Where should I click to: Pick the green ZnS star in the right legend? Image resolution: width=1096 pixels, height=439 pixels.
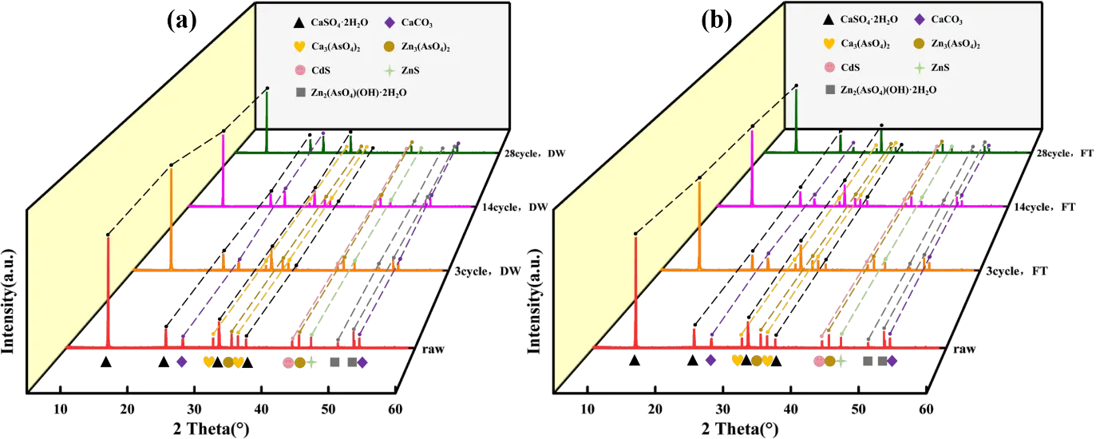click(920, 67)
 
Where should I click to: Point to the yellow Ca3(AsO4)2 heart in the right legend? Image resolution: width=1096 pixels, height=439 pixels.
click(829, 44)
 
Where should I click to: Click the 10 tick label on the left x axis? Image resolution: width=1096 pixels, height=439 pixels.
click(61, 410)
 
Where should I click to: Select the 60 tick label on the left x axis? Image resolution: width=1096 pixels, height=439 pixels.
click(394, 410)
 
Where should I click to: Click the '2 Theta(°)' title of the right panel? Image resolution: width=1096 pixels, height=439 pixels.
click(735, 429)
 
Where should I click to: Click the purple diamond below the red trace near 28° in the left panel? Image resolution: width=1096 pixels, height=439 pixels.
click(182, 362)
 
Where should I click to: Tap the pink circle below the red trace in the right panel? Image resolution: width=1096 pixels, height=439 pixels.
click(818, 361)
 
